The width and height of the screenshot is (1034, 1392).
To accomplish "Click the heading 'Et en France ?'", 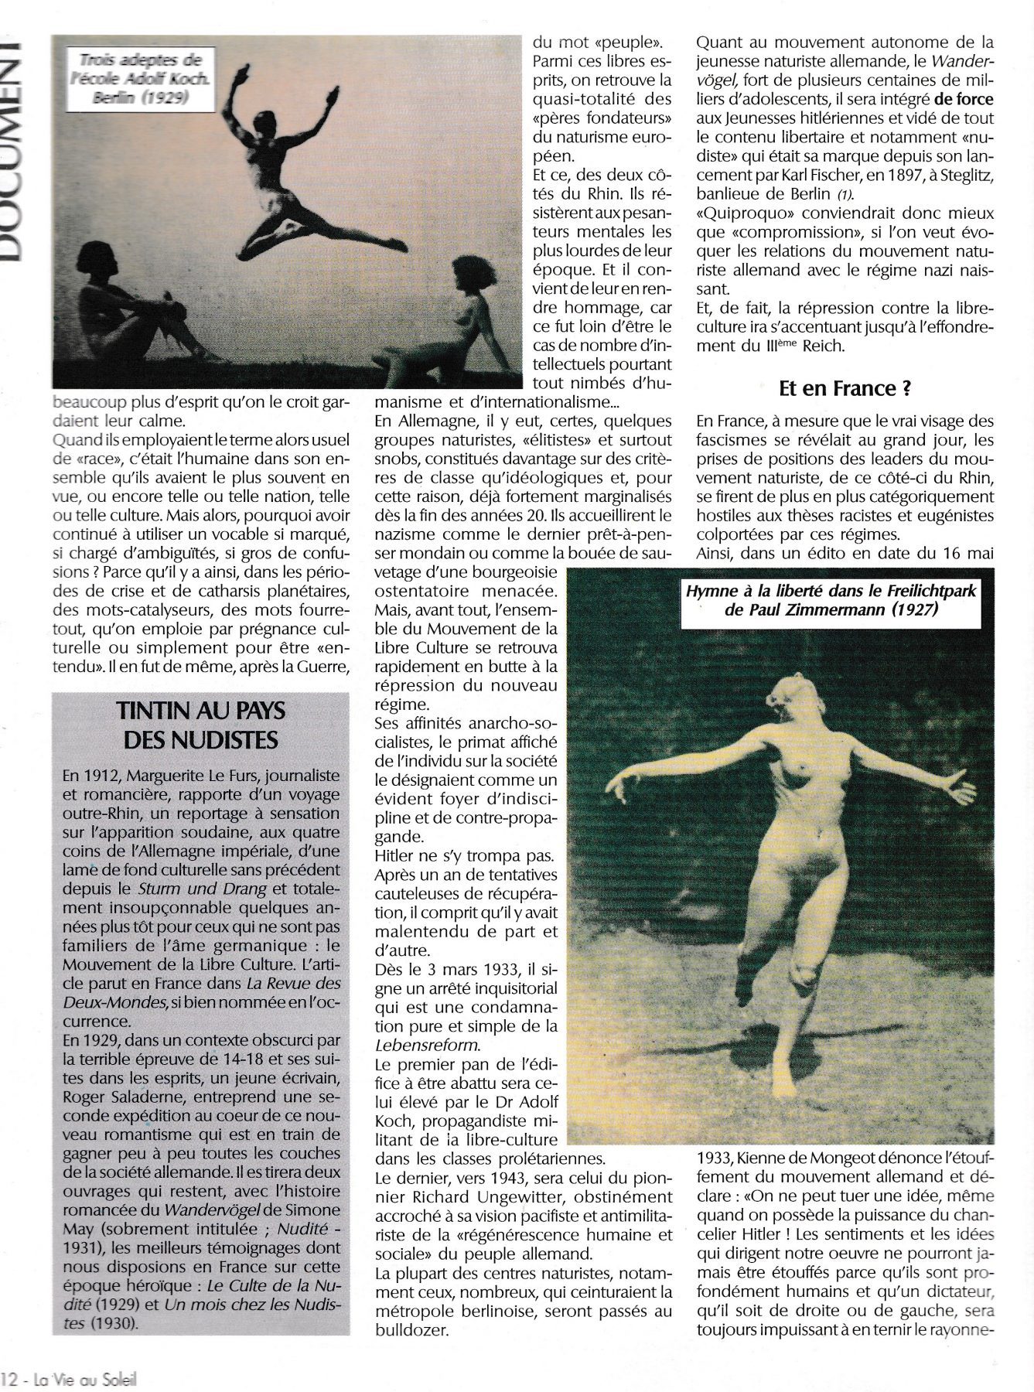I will click(844, 388).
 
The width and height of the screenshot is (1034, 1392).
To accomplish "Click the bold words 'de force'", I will click(963, 99).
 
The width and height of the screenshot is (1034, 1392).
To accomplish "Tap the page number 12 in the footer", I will click(9, 1378).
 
